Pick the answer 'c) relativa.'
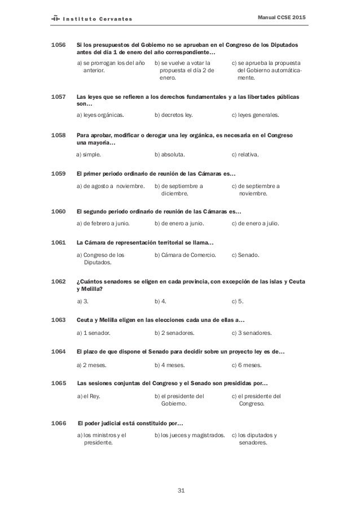point(245,154)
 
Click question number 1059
point(59,173)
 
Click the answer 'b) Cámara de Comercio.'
point(185,255)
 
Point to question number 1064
point(59,352)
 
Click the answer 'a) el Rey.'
point(89,396)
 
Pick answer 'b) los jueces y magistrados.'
point(190,435)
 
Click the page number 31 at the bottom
point(181,489)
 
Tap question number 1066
point(59,423)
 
